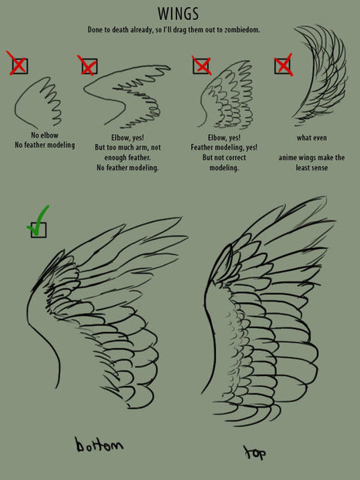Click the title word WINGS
pos(178,14)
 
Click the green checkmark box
pos(39,230)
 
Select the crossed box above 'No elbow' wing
pos(20,66)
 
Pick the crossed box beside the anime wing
pos(282,65)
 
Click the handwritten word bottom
pos(99,445)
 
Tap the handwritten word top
pos(254,453)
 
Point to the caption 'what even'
pos(311,138)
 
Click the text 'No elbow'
pos(45,135)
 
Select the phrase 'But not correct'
pos(224,157)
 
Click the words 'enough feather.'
pos(127,157)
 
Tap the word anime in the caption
pos(288,158)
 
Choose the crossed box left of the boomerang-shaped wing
pos(89,66)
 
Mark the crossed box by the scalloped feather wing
pos(200,65)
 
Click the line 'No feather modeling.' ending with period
pos(127,168)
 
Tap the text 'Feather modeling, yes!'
pos(224,147)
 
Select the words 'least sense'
pos(311,168)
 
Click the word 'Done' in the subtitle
pos(94,30)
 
